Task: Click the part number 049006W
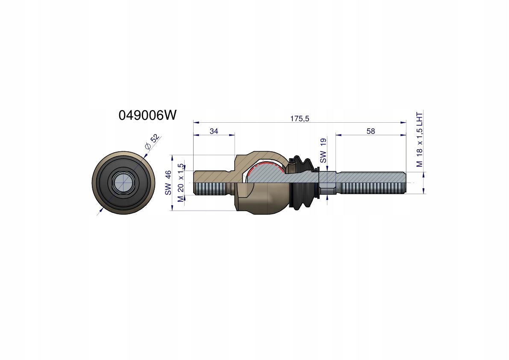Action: pyautogui.click(x=147, y=115)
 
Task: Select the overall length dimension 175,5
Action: pyautogui.click(x=300, y=119)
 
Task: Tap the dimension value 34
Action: pyautogui.click(x=214, y=131)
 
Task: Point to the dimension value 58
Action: pyautogui.click(x=371, y=131)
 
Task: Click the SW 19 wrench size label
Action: pyautogui.click(x=323, y=150)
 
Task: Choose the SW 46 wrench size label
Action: pyautogui.click(x=168, y=183)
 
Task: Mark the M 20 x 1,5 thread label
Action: pyautogui.click(x=181, y=183)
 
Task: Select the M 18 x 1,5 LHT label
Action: pyautogui.click(x=420, y=139)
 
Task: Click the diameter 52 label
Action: pyautogui.click(x=152, y=142)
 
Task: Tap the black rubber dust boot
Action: pyautogui.click(x=303, y=183)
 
